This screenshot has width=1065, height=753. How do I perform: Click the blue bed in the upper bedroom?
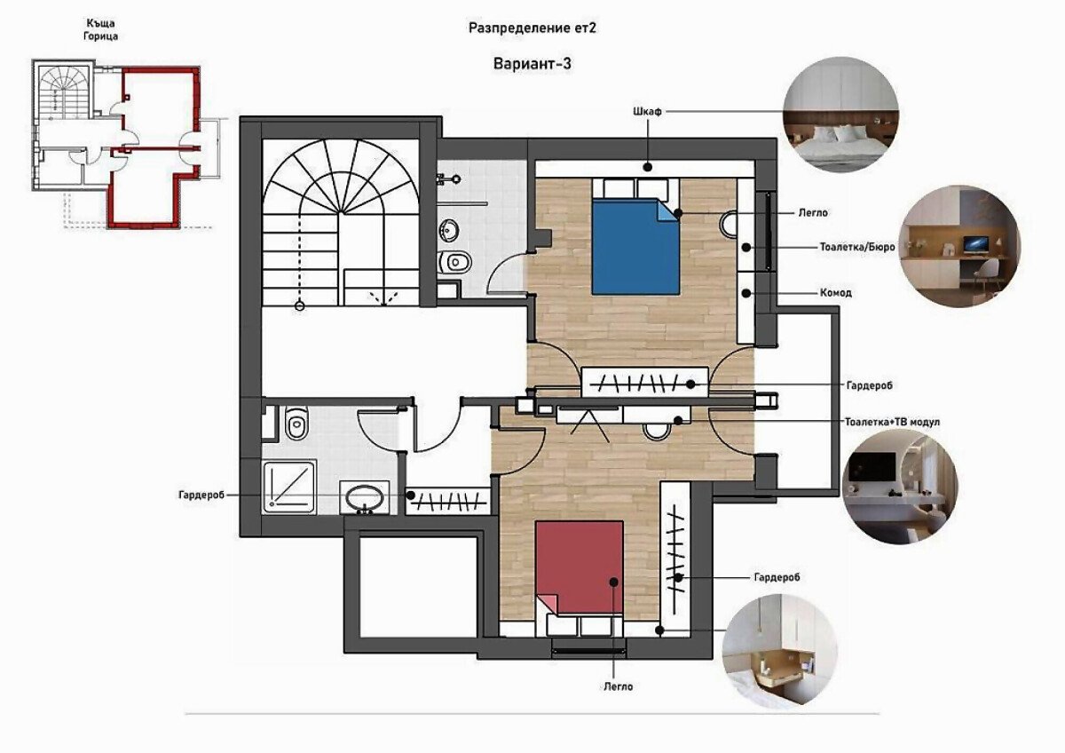[x=635, y=246]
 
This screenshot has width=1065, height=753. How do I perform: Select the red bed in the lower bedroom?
[x=579, y=567]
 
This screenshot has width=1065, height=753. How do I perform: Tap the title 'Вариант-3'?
[x=532, y=64]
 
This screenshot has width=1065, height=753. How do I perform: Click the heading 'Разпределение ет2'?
[x=532, y=28]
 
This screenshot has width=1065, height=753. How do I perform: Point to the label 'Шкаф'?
[x=647, y=112]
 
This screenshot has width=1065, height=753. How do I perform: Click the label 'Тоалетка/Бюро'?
[x=857, y=248]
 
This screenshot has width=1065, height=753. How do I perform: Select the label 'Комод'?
[x=836, y=293]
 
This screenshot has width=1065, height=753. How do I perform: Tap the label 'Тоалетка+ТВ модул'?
[x=892, y=422]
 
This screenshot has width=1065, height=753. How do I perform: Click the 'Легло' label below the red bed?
[x=619, y=687]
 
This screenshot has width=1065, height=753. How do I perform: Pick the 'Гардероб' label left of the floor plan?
[x=201, y=495]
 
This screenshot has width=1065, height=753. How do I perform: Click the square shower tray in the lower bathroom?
[x=289, y=487]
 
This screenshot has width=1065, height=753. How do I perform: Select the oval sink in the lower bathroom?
[x=364, y=497]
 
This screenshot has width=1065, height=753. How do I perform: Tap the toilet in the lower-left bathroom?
[x=296, y=423]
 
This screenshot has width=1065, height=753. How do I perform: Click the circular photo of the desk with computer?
[x=959, y=246]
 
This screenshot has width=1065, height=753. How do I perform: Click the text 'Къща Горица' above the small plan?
[x=101, y=29]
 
